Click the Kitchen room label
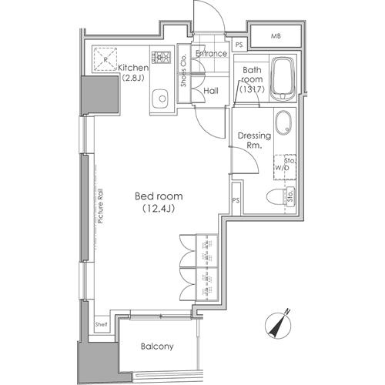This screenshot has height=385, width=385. (133, 72)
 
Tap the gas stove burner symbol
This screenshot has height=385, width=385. (161, 57)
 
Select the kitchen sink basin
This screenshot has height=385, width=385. (160, 99)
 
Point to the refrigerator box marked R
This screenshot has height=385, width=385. (105, 59)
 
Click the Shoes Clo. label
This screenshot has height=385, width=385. (183, 71)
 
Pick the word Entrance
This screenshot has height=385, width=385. (211, 53)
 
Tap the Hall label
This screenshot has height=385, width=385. (211, 91)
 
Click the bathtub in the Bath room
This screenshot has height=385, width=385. (283, 79)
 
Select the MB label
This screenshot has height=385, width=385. (276, 36)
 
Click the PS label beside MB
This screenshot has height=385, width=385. (239, 45)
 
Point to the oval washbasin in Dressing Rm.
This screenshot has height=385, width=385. (283, 123)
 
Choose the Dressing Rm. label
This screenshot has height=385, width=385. (254, 140)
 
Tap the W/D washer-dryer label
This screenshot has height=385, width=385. (282, 168)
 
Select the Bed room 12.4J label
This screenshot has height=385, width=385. (159, 203)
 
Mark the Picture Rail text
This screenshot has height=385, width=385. (100, 206)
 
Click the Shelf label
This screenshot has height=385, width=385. (101, 324)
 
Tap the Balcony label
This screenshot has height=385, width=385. (157, 346)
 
